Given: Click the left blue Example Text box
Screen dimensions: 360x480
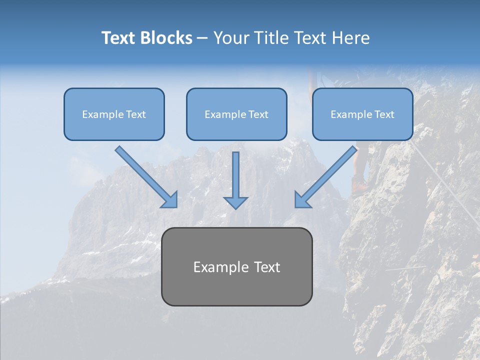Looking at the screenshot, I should (114, 114).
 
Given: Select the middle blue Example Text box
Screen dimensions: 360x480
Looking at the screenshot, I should (236, 114).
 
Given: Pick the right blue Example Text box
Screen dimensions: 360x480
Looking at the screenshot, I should (362, 114).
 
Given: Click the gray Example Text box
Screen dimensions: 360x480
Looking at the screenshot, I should (237, 266).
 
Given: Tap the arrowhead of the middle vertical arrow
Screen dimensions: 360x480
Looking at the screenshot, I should (235, 202).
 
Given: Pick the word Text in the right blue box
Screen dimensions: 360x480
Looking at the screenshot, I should (384, 114).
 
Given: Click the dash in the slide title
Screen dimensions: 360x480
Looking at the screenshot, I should (202, 38).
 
